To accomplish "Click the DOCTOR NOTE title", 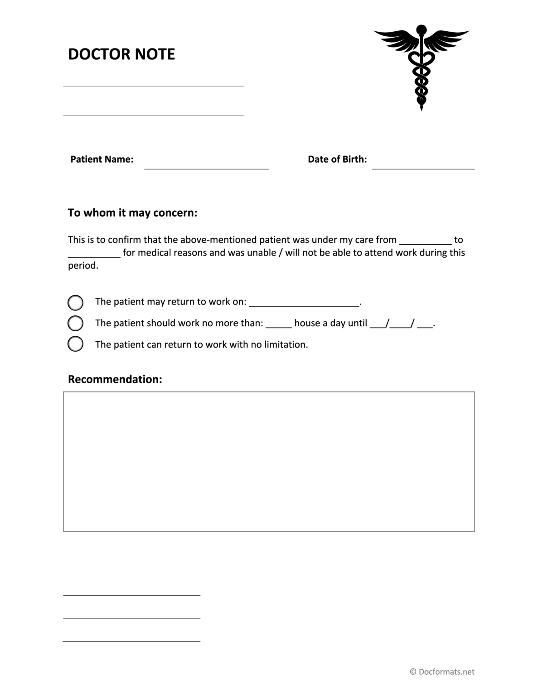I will (x=121, y=54).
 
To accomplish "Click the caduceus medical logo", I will (x=421, y=66).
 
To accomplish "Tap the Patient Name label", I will (x=102, y=159).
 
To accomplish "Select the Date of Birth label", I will (x=337, y=159).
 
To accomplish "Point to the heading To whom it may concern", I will (x=132, y=213).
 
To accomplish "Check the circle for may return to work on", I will (x=75, y=302).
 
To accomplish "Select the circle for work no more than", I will (x=75, y=323).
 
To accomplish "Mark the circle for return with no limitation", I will (x=75, y=344).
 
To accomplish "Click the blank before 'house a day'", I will (x=278, y=324).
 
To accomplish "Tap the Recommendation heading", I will (x=115, y=380).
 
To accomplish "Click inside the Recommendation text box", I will (x=269, y=461).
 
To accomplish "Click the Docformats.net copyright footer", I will (x=442, y=672).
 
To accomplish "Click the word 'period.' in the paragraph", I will (x=83, y=266).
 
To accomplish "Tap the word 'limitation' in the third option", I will (x=285, y=345).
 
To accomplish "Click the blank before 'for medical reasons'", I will (x=94, y=253).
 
